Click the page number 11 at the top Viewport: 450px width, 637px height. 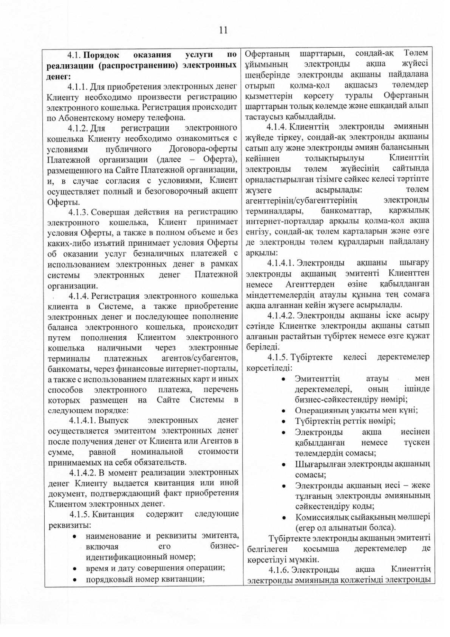[x=223, y=30]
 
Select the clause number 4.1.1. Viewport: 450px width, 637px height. [x=77, y=87]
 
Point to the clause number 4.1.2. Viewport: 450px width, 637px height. [x=77, y=128]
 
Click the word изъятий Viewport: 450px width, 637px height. [x=108, y=242]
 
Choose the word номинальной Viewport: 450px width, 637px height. [x=157, y=452]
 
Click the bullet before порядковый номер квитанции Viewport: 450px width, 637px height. [x=75, y=579]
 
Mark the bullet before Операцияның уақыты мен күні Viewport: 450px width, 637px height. [x=283, y=411]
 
